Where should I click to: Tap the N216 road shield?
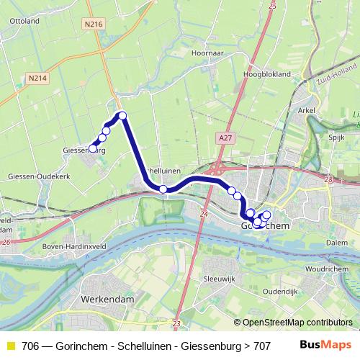[94, 24]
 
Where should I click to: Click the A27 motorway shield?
[225, 135]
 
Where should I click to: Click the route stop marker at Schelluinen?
[163, 189]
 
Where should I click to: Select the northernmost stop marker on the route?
[122, 116]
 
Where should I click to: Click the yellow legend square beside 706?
[10, 346]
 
